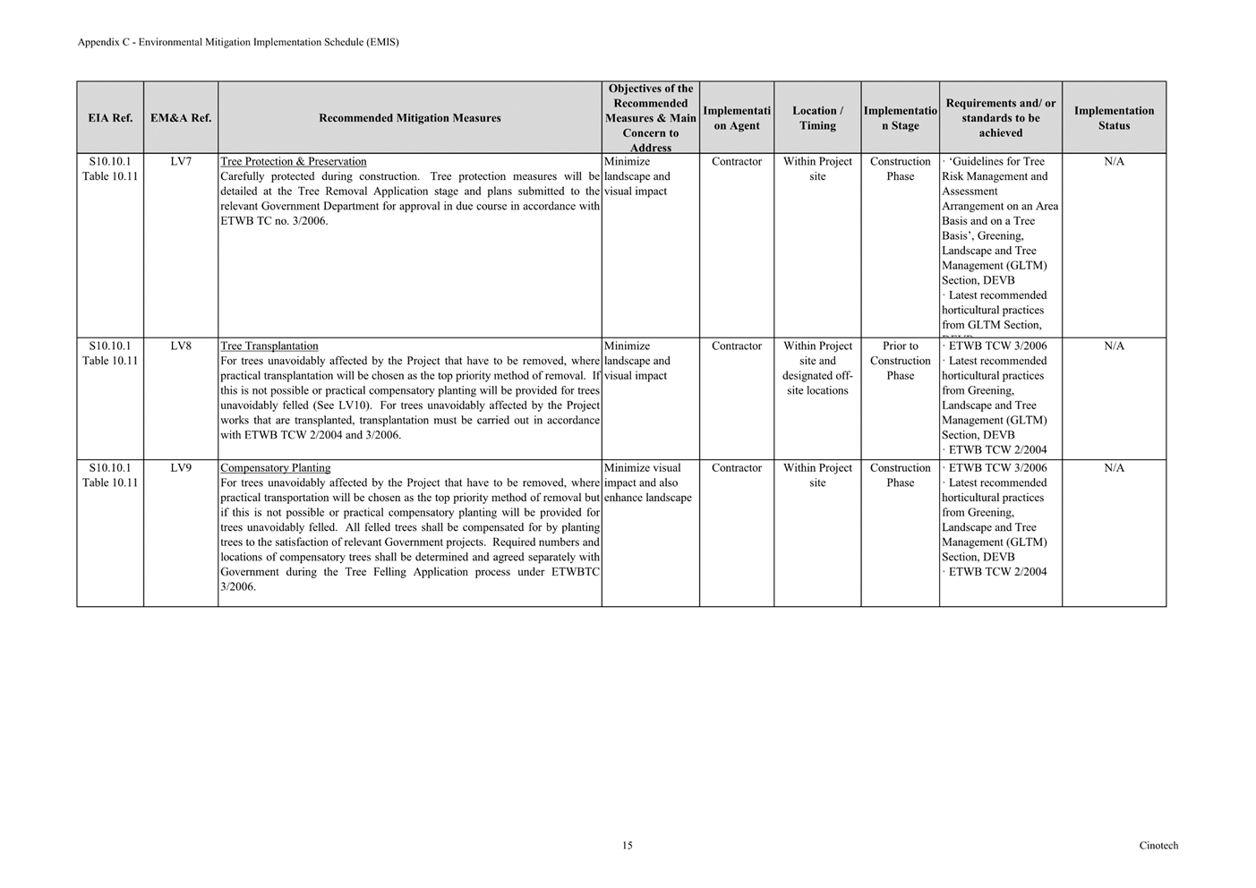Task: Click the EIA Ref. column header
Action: (110, 118)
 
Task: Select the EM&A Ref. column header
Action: (181, 118)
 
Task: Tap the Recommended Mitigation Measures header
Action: (409, 118)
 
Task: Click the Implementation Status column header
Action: (1114, 118)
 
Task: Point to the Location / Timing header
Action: (817, 118)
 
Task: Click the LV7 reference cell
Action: (181, 162)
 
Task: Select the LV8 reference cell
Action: (181, 346)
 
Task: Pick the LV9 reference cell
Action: (181, 468)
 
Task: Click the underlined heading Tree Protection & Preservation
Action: (294, 162)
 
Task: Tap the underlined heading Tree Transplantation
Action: (269, 346)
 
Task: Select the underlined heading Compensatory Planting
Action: (276, 468)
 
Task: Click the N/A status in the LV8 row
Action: (1114, 346)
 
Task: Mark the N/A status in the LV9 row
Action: (1114, 468)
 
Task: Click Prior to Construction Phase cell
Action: (900, 361)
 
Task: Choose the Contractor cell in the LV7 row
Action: (737, 162)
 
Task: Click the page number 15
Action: (628, 845)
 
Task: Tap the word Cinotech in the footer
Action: (1158, 845)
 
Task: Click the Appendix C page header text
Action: (238, 42)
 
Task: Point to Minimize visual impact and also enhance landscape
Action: (648, 482)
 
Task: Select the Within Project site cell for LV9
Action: (817, 475)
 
